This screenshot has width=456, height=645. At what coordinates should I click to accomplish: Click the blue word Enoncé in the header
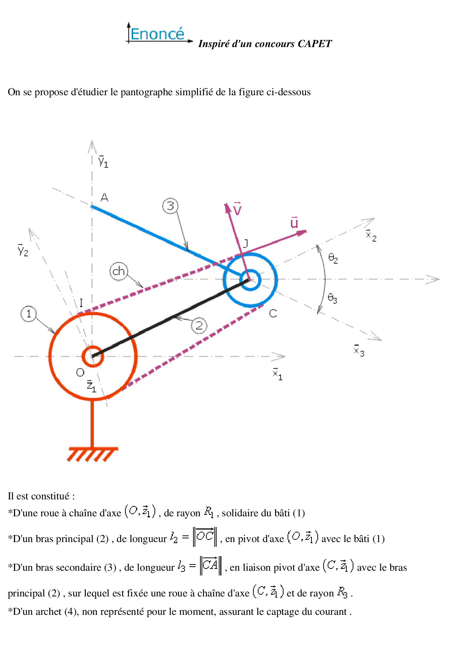point(157,34)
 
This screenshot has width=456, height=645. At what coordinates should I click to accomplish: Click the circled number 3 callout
point(170,206)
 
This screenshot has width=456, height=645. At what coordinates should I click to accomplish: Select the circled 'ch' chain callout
point(118,271)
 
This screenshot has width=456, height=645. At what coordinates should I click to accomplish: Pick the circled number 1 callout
point(29,314)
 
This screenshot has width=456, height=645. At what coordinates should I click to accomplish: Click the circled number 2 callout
point(199,326)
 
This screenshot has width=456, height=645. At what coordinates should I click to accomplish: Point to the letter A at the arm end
point(104,198)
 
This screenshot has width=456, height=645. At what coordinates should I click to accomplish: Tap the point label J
point(245,243)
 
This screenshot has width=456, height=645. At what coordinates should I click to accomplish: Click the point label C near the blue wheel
point(273,314)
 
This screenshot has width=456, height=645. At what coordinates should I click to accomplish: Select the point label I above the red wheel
point(81,303)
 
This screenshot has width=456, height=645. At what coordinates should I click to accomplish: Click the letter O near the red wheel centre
point(80,373)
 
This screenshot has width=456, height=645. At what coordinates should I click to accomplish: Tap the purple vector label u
point(294,222)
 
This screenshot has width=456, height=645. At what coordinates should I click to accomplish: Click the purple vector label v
point(238,209)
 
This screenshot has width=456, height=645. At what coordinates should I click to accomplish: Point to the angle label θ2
point(333,258)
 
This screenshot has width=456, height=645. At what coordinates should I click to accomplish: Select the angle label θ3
point(332,298)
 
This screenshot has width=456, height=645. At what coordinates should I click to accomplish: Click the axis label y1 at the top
point(103,161)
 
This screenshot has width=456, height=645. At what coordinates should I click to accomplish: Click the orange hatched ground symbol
point(93,454)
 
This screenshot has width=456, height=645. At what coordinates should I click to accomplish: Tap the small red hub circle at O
point(92,356)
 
